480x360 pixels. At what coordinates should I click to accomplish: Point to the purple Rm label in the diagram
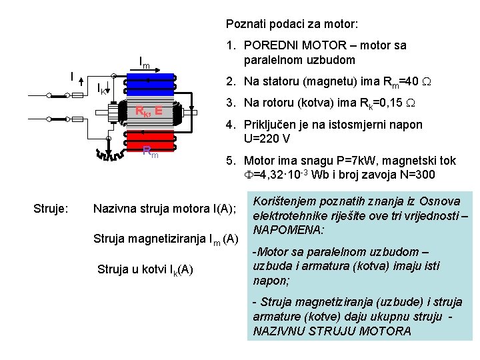pyautogui.click(x=151, y=155)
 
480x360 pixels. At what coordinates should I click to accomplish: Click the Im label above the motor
pyautogui.click(x=143, y=64)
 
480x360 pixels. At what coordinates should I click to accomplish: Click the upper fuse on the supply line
pyautogui.click(x=77, y=95)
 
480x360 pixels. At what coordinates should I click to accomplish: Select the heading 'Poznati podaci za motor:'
pyautogui.click(x=292, y=24)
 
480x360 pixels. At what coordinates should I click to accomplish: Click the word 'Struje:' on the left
pyautogui.click(x=49, y=209)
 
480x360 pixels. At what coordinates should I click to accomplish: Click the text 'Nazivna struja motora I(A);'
pyautogui.click(x=165, y=209)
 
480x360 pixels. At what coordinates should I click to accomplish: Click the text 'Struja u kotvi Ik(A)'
pyautogui.click(x=145, y=270)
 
